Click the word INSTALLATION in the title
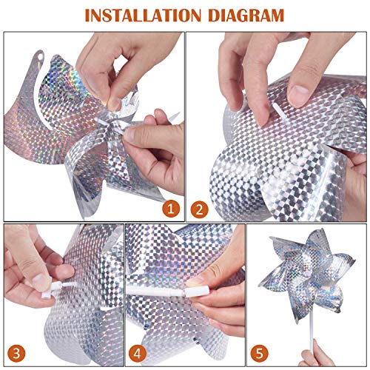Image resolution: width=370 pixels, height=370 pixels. coord(145,13)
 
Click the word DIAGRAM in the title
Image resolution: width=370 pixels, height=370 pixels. coord(243,13)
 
